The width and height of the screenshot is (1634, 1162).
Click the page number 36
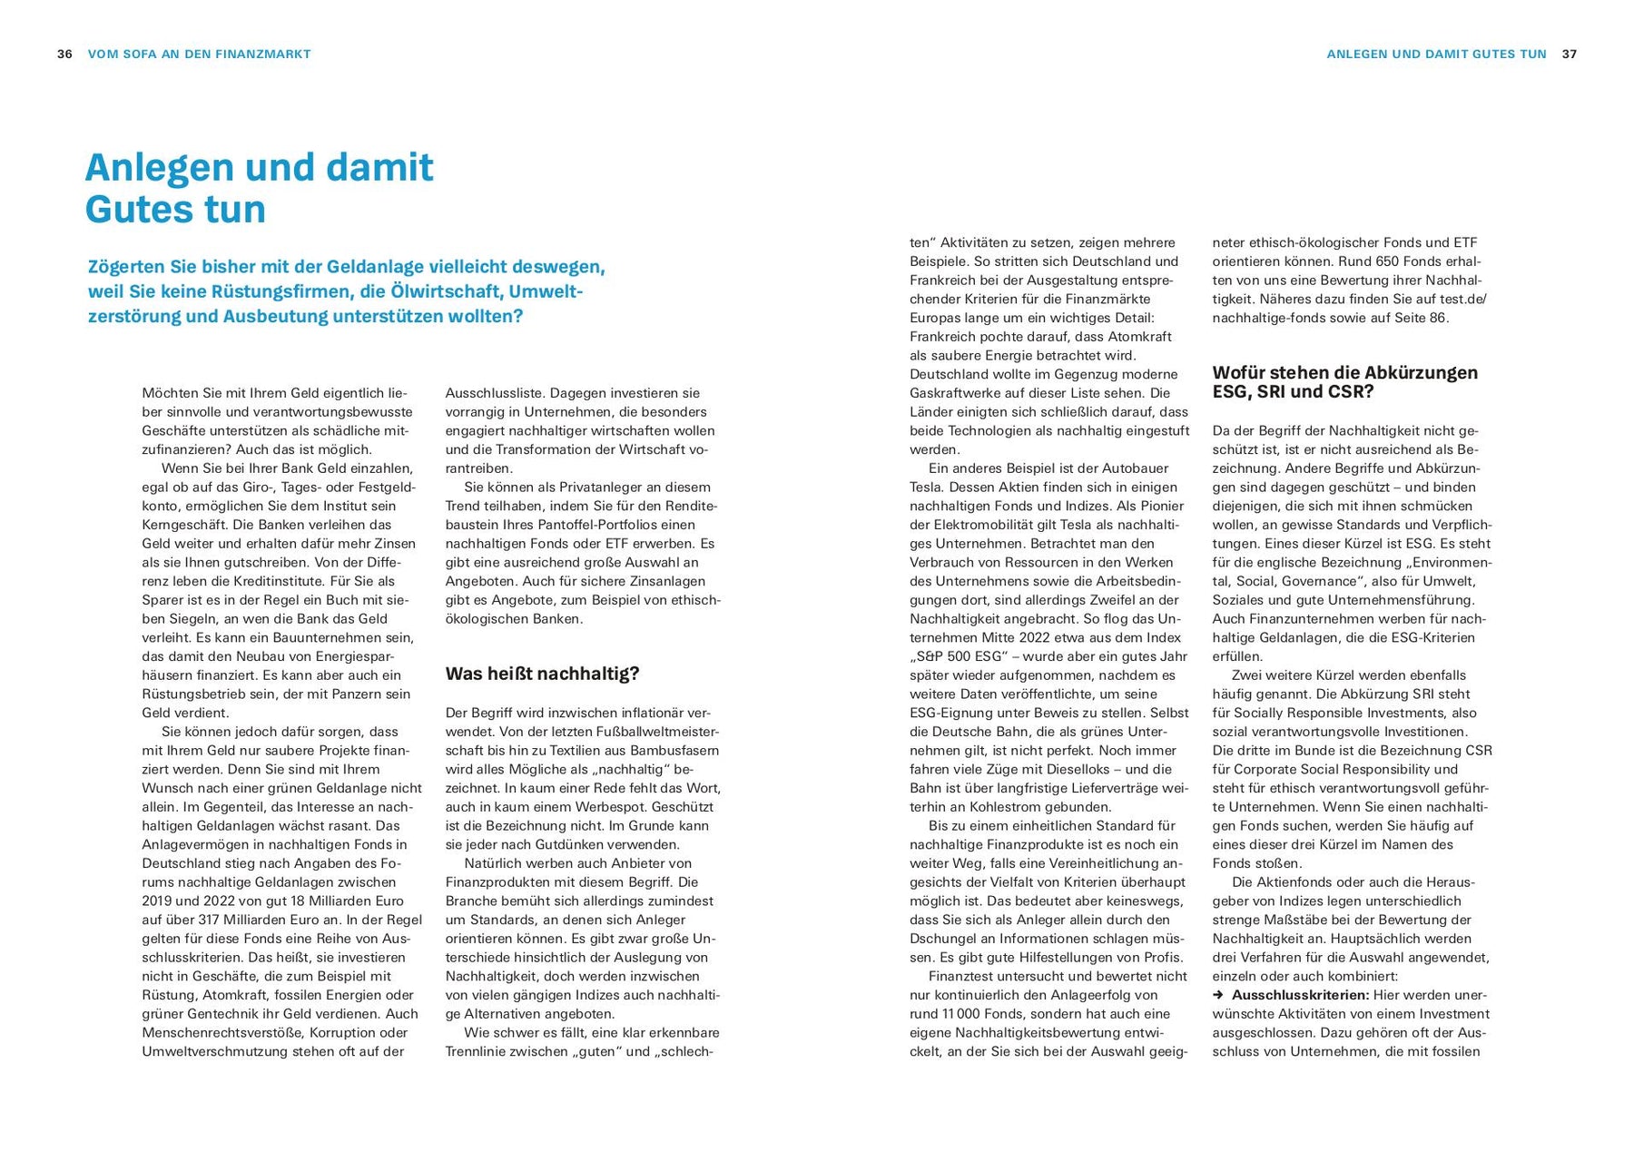click(x=64, y=54)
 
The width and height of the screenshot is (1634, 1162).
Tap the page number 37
click(x=1570, y=54)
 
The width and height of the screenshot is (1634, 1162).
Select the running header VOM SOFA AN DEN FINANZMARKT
click(x=199, y=54)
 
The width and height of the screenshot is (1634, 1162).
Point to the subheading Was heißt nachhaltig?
click(x=542, y=674)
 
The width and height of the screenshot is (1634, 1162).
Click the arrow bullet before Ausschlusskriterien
click(x=1218, y=995)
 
